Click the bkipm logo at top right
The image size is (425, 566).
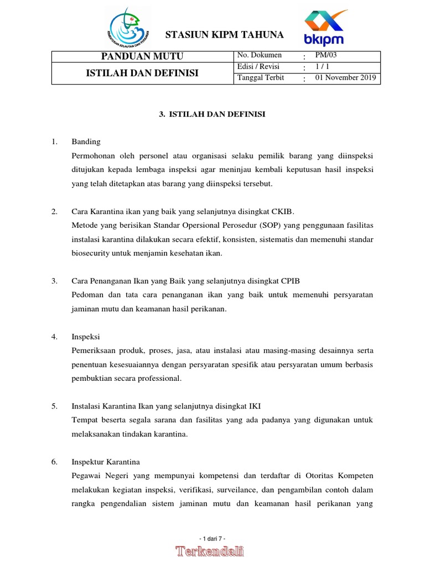click(x=324, y=28)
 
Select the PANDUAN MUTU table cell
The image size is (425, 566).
click(x=142, y=56)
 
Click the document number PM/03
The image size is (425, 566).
click(x=325, y=55)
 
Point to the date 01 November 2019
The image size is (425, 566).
click(x=345, y=78)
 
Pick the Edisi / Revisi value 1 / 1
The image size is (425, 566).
click(x=322, y=66)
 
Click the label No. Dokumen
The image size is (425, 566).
click(x=260, y=55)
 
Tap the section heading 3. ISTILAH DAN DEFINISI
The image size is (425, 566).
click(x=212, y=114)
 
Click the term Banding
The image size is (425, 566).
click(x=86, y=142)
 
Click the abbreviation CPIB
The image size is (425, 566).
click(x=289, y=281)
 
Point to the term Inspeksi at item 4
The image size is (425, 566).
click(x=86, y=337)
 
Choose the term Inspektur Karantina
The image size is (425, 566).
click(x=106, y=462)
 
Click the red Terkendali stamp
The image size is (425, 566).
click(x=210, y=551)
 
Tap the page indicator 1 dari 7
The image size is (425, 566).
click(x=212, y=538)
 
